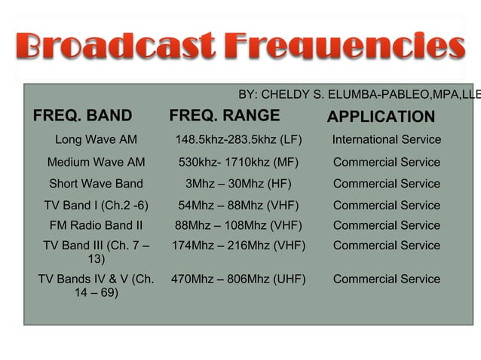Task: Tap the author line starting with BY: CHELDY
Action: [x=359, y=94]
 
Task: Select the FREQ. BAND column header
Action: [x=82, y=116]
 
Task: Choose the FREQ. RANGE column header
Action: [x=225, y=116]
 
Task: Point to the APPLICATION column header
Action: [x=381, y=117]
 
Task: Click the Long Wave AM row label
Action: [x=96, y=140]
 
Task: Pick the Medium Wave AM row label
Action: [x=96, y=162]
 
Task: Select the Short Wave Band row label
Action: [x=96, y=184]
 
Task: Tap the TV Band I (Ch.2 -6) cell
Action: [x=96, y=205]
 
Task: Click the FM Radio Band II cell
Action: [x=96, y=225]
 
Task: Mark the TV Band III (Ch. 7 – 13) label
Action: [x=96, y=252]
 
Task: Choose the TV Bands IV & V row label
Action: [x=96, y=286]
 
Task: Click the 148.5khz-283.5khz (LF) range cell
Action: [x=238, y=140]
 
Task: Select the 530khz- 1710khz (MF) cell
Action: [x=238, y=162]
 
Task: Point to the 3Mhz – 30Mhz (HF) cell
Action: [x=238, y=184]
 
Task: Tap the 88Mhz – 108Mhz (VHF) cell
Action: [x=238, y=225]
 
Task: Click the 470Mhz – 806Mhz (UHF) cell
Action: [x=238, y=279]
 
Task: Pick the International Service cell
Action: [x=387, y=140]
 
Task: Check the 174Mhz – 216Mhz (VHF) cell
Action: [x=238, y=246]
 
